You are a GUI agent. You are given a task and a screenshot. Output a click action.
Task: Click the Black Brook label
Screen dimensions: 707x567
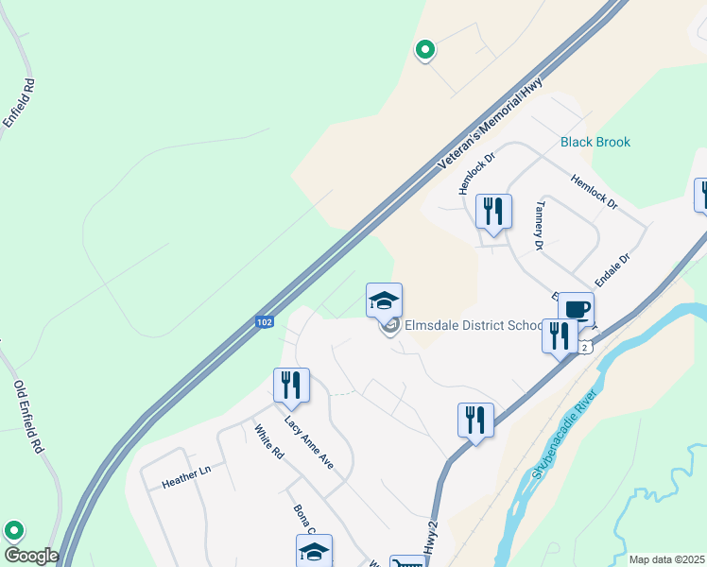point(595,143)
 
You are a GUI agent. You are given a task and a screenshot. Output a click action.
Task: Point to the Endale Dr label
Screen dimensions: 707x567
point(612,269)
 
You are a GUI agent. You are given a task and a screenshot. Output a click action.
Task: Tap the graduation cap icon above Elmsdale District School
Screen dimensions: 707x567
point(384,301)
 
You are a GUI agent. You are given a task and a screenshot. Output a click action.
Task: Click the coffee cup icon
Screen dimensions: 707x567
point(576,308)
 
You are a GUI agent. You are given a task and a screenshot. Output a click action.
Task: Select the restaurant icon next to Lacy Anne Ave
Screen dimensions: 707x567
point(290,385)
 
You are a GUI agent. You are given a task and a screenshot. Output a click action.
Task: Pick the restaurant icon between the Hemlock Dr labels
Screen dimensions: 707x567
point(492,211)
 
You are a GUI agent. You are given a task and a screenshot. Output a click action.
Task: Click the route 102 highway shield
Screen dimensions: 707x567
point(265,322)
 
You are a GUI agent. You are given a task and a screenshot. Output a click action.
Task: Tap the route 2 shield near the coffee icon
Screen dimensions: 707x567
point(586,347)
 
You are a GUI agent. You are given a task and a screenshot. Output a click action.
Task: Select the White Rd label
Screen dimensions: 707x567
point(268,442)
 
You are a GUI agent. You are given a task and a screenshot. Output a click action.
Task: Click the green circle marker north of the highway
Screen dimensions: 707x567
point(425,49)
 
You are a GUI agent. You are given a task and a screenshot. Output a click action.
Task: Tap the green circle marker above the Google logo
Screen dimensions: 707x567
point(13,531)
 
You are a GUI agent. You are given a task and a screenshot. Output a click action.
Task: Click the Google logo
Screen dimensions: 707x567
point(30,556)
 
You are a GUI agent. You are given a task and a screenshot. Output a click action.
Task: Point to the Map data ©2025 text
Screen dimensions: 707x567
point(665,559)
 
